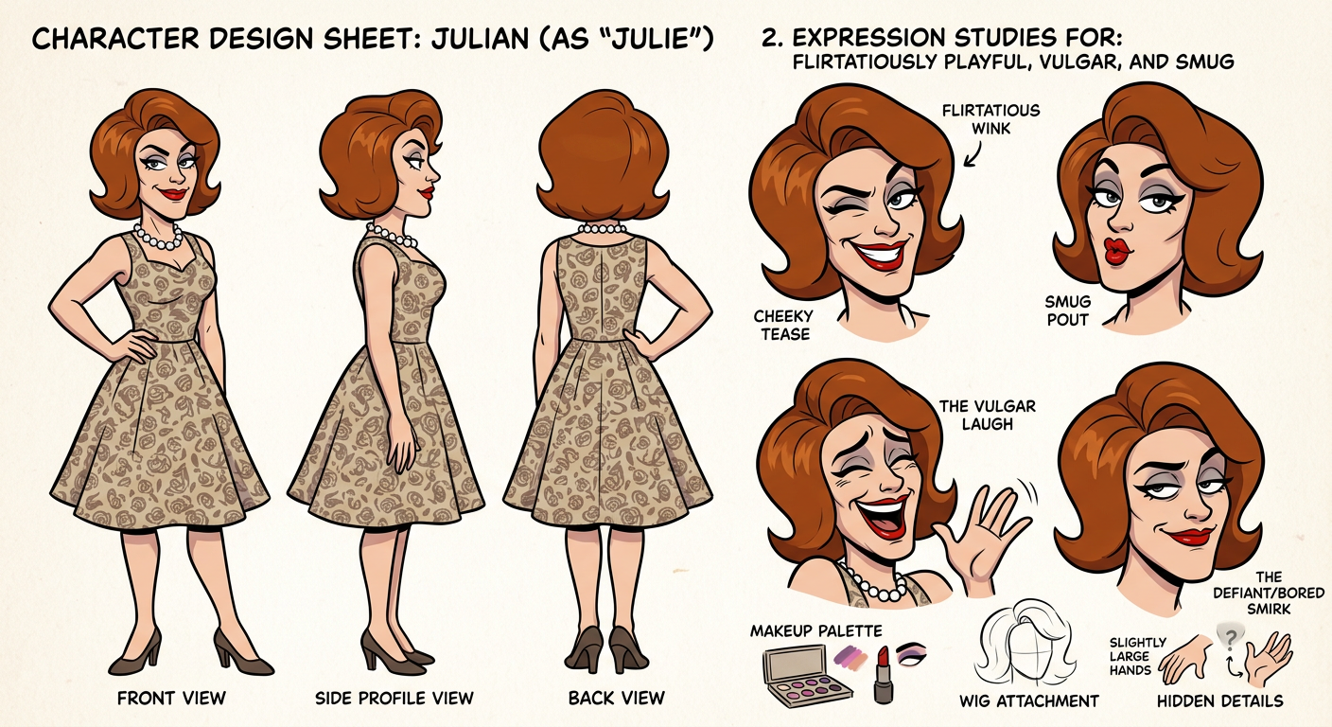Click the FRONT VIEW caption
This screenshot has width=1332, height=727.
[171, 698]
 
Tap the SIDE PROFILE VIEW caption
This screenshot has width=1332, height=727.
[394, 698]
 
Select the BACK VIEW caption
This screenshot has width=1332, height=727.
[617, 698]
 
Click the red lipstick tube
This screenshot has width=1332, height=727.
[883, 675]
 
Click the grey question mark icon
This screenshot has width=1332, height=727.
[1231, 637]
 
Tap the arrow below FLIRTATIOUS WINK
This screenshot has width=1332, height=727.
[973, 156]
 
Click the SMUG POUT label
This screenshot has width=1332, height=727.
[1067, 310]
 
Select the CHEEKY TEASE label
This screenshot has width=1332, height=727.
[783, 325]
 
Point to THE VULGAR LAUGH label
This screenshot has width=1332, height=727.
[987, 416]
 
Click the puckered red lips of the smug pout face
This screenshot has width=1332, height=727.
[1116, 251]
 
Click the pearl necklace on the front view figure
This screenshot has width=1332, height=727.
[158, 238]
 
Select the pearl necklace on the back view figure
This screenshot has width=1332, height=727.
[602, 228]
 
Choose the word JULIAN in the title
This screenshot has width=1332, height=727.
[481, 39]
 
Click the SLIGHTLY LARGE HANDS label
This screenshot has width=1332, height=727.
[1130, 656]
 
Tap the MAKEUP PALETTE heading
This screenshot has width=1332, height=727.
[815, 630]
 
